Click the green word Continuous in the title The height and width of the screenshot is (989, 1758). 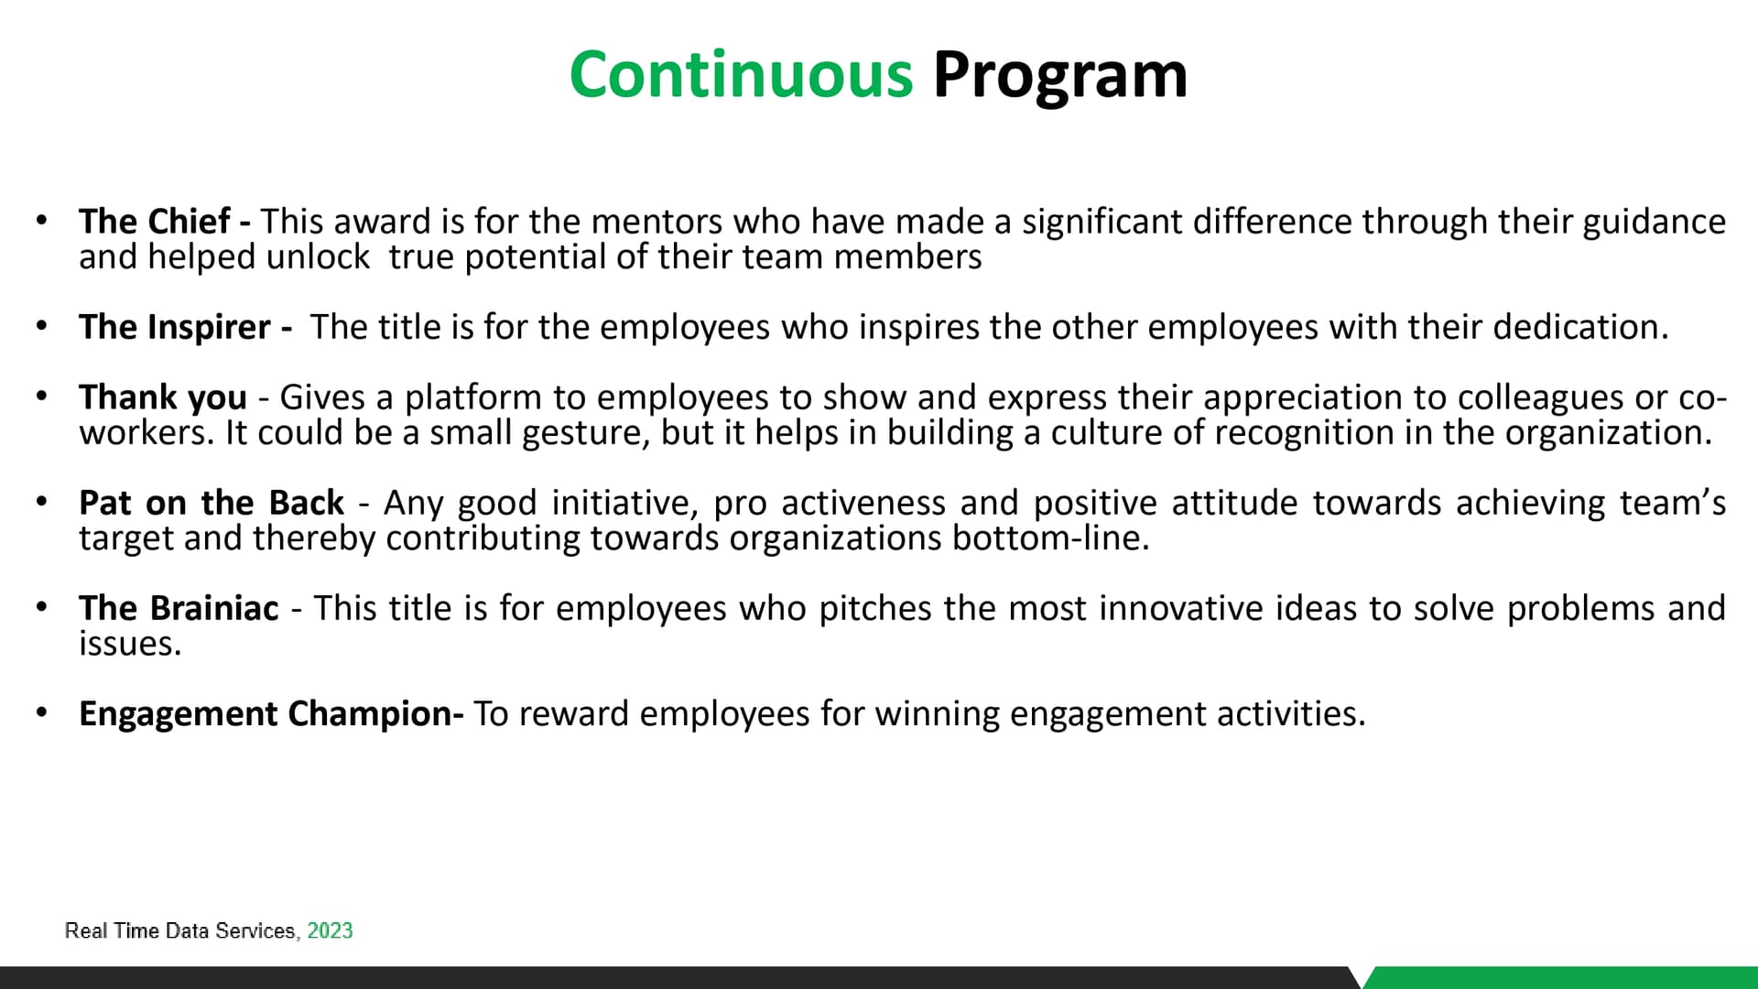coord(742,74)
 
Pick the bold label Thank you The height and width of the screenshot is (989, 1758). coord(163,397)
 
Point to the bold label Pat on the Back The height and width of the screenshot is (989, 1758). coord(212,503)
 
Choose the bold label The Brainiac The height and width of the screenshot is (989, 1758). coord(179,608)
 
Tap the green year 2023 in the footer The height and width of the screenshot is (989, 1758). coord(330,930)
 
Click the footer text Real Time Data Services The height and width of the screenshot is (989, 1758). coord(179,931)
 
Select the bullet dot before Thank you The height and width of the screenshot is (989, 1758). coord(41,397)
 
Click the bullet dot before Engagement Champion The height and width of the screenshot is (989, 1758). coord(41,713)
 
